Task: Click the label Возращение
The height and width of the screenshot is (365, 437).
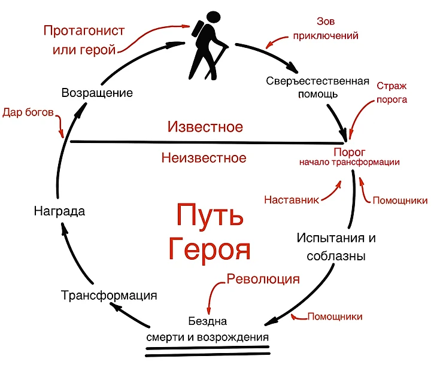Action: tap(97, 93)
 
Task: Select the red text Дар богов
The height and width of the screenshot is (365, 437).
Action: tap(28, 112)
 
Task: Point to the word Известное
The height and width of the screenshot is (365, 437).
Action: tap(205, 127)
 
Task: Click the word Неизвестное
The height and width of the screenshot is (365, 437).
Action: tap(204, 158)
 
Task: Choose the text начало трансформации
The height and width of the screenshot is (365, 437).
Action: tap(350, 162)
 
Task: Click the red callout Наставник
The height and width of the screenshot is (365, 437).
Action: tap(292, 199)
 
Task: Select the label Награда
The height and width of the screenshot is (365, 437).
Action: tap(59, 211)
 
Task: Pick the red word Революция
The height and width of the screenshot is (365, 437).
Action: tap(263, 279)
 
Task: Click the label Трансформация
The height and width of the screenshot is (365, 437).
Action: tap(110, 295)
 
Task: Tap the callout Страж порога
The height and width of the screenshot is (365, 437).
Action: tap(391, 93)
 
